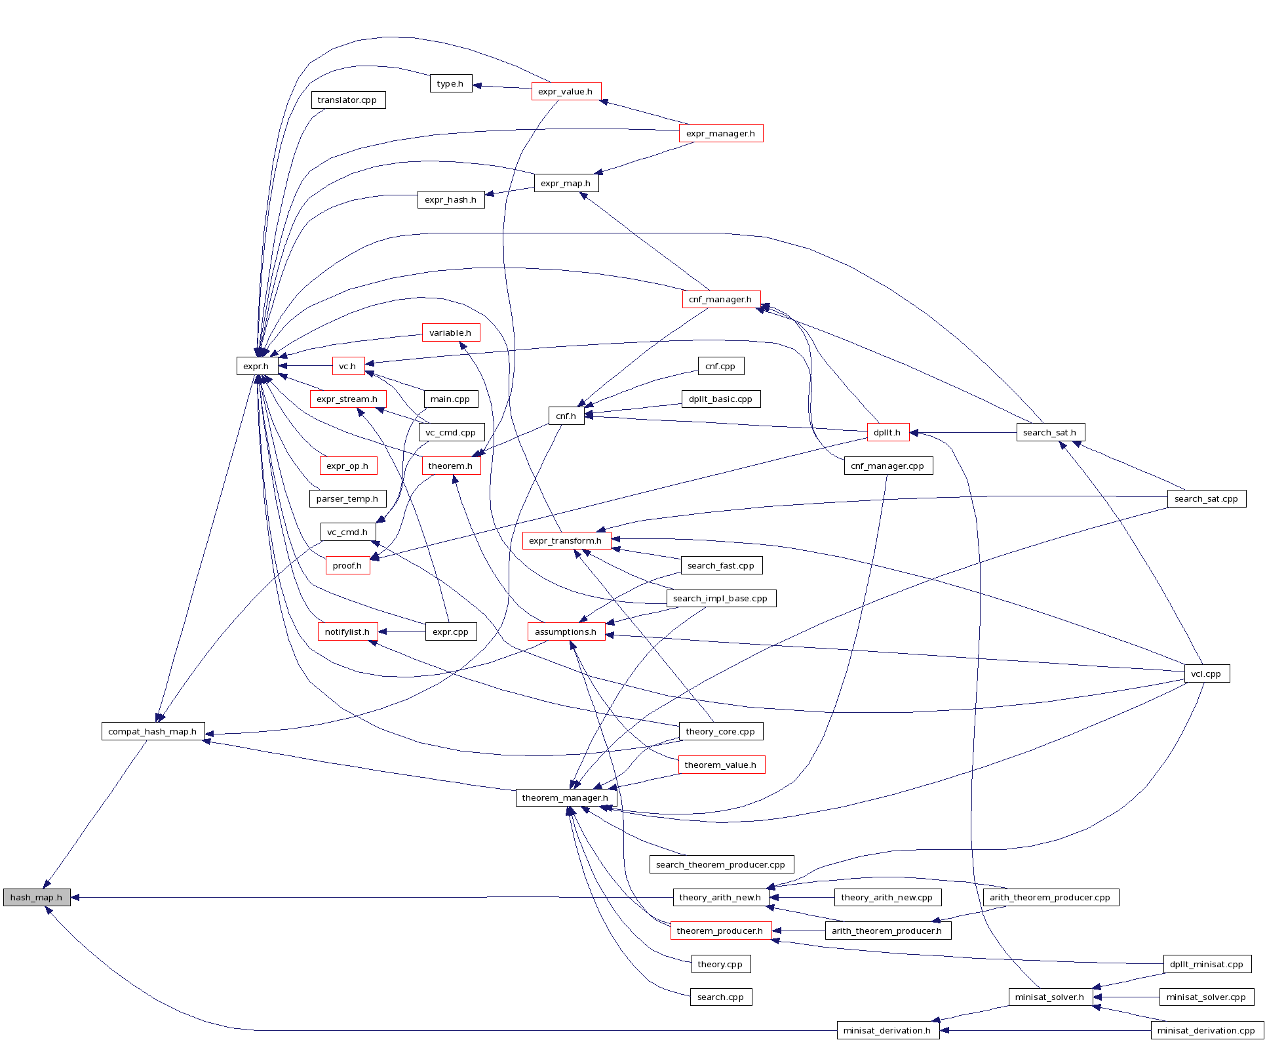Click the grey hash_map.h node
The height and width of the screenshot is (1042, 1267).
(x=37, y=897)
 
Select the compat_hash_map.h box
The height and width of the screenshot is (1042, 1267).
(x=153, y=731)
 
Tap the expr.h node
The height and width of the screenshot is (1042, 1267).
(x=256, y=366)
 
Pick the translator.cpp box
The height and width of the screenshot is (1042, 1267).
(x=347, y=100)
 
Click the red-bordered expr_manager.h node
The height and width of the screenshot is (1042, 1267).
(x=720, y=133)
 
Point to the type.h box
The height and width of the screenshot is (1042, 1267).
(x=450, y=83)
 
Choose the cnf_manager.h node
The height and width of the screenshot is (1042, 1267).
(x=720, y=299)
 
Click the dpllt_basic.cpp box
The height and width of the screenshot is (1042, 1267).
(x=720, y=399)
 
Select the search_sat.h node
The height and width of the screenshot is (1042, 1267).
(x=1050, y=432)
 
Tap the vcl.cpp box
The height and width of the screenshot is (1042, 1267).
(x=1206, y=673)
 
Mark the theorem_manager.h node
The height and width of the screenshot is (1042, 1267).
(x=566, y=797)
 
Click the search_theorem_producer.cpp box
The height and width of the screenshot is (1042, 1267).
(x=720, y=864)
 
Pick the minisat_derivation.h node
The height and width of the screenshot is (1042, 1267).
(x=887, y=1030)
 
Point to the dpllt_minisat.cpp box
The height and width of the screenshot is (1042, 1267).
(x=1207, y=964)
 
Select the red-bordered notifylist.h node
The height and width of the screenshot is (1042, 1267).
(x=347, y=631)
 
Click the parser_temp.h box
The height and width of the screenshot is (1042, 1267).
(x=347, y=498)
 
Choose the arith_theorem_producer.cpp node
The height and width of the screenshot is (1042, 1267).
(x=1050, y=897)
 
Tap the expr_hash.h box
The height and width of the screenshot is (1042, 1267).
(x=450, y=199)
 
